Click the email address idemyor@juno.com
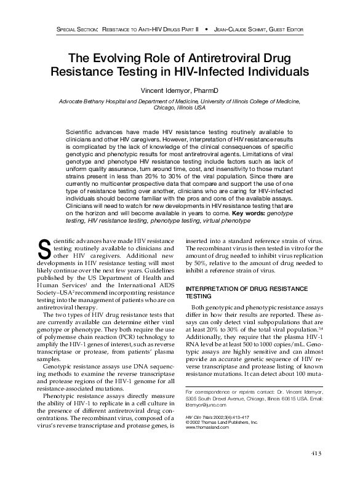tap(206, 405)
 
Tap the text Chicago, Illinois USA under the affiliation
tap(179, 107)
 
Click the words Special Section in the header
tap(78, 30)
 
